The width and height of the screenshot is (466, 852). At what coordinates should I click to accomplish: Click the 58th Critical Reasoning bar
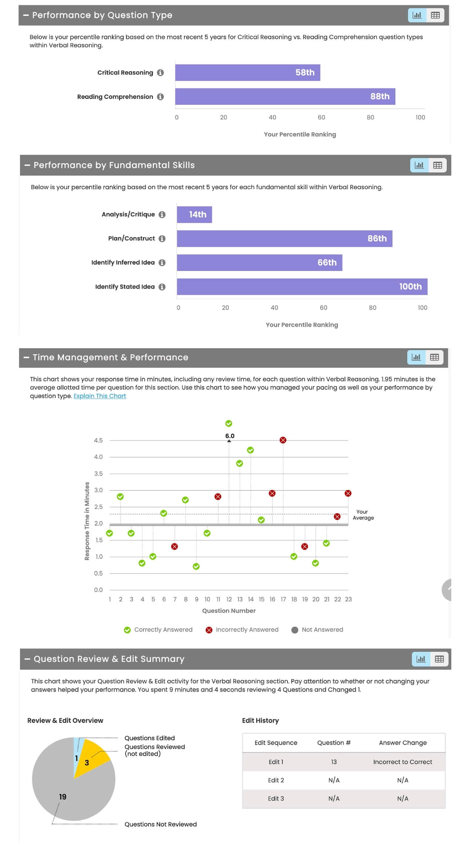point(247,73)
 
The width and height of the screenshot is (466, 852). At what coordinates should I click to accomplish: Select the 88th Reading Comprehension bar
point(285,97)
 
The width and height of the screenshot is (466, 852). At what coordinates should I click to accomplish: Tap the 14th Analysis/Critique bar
point(195,215)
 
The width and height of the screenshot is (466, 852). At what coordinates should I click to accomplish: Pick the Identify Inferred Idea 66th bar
point(260,263)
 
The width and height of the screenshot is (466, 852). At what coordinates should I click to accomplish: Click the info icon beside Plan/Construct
point(162,239)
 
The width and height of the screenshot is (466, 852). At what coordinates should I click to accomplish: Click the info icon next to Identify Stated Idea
point(162,287)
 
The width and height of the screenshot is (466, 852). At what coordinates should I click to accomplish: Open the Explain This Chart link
point(100,396)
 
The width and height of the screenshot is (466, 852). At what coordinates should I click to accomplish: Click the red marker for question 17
point(283,440)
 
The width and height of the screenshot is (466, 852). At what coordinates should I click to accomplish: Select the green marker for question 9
point(196,567)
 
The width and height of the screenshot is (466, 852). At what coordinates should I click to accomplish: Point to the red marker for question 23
point(348,493)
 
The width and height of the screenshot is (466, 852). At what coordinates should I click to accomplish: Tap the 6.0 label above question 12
point(230,436)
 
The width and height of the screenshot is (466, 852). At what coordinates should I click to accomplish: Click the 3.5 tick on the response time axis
point(98,474)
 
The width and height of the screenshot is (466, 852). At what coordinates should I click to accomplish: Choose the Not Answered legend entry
point(317,630)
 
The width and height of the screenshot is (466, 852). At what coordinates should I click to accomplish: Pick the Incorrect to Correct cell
point(403,762)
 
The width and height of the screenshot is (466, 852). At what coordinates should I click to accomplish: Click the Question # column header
point(334,743)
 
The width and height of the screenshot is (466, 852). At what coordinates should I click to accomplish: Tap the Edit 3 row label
point(276,799)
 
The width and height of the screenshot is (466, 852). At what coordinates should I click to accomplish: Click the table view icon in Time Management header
point(435,358)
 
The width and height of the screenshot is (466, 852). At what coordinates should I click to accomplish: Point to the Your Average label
point(363,515)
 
